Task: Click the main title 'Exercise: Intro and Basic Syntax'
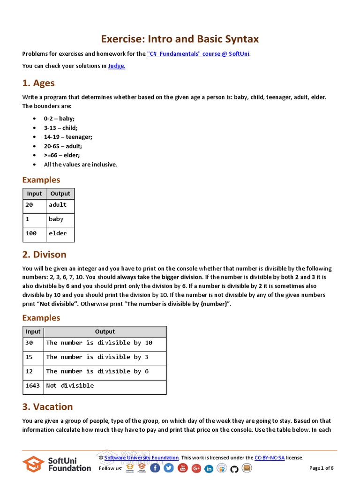(x=180, y=39)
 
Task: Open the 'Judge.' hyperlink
(x=117, y=66)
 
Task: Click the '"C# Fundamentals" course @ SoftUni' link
(x=198, y=54)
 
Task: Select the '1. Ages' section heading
(x=38, y=83)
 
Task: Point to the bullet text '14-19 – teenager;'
(x=68, y=137)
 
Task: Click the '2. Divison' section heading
(x=45, y=255)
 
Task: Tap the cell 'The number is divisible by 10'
(x=99, y=343)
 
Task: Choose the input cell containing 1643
(x=33, y=386)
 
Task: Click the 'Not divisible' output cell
(x=70, y=386)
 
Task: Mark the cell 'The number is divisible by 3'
(x=97, y=357)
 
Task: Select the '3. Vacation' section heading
(x=48, y=407)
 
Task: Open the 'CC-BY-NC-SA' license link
(x=270, y=457)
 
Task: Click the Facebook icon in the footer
(x=155, y=468)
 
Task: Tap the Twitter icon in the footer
(x=169, y=468)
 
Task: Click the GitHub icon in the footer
(x=234, y=468)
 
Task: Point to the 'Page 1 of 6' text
(x=322, y=468)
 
